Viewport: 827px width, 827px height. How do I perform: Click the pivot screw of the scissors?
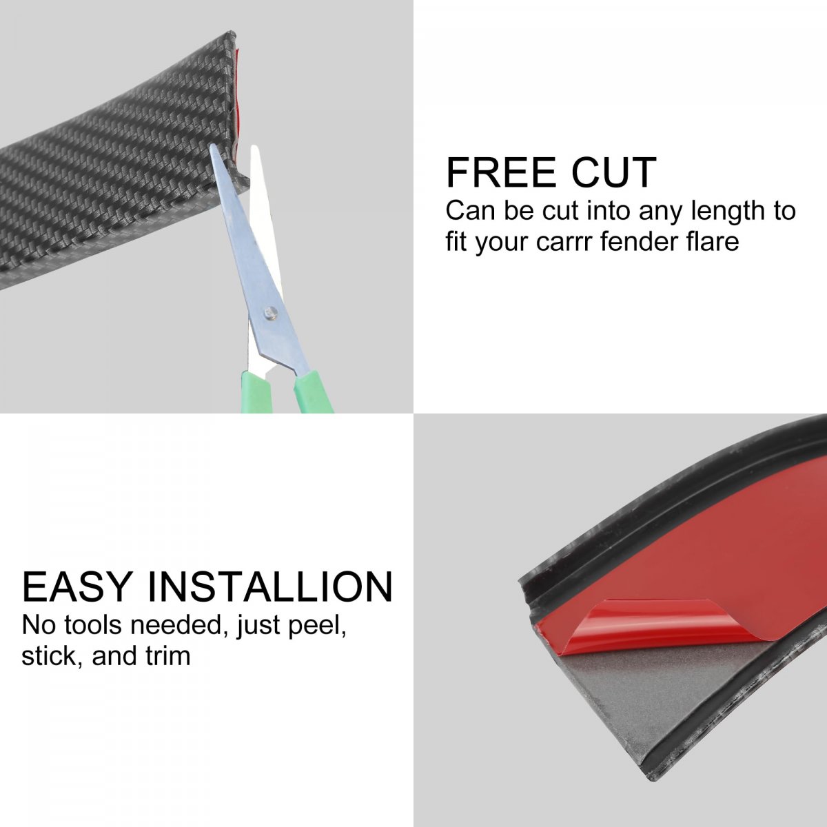[271, 312]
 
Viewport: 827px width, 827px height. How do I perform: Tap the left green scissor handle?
[256, 391]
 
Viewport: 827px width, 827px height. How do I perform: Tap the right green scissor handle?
[312, 393]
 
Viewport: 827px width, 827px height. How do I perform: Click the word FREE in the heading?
[501, 172]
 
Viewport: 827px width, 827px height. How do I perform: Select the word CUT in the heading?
[614, 172]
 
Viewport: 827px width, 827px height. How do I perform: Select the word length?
[724, 211]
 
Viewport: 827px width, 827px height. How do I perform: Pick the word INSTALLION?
[270, 586]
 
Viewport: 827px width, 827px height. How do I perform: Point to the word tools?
[93, 625]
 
